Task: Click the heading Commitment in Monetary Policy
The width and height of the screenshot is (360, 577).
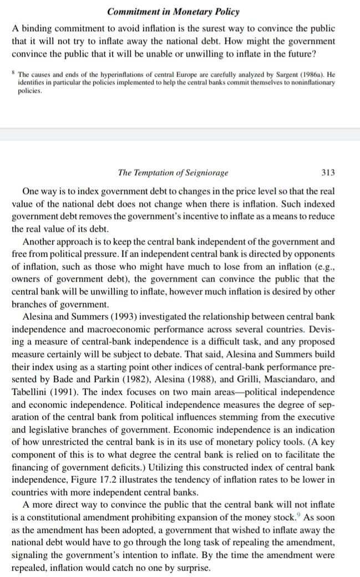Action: [x=180, y=11]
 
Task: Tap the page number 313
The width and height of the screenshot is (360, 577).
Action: [x=328, y=173]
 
